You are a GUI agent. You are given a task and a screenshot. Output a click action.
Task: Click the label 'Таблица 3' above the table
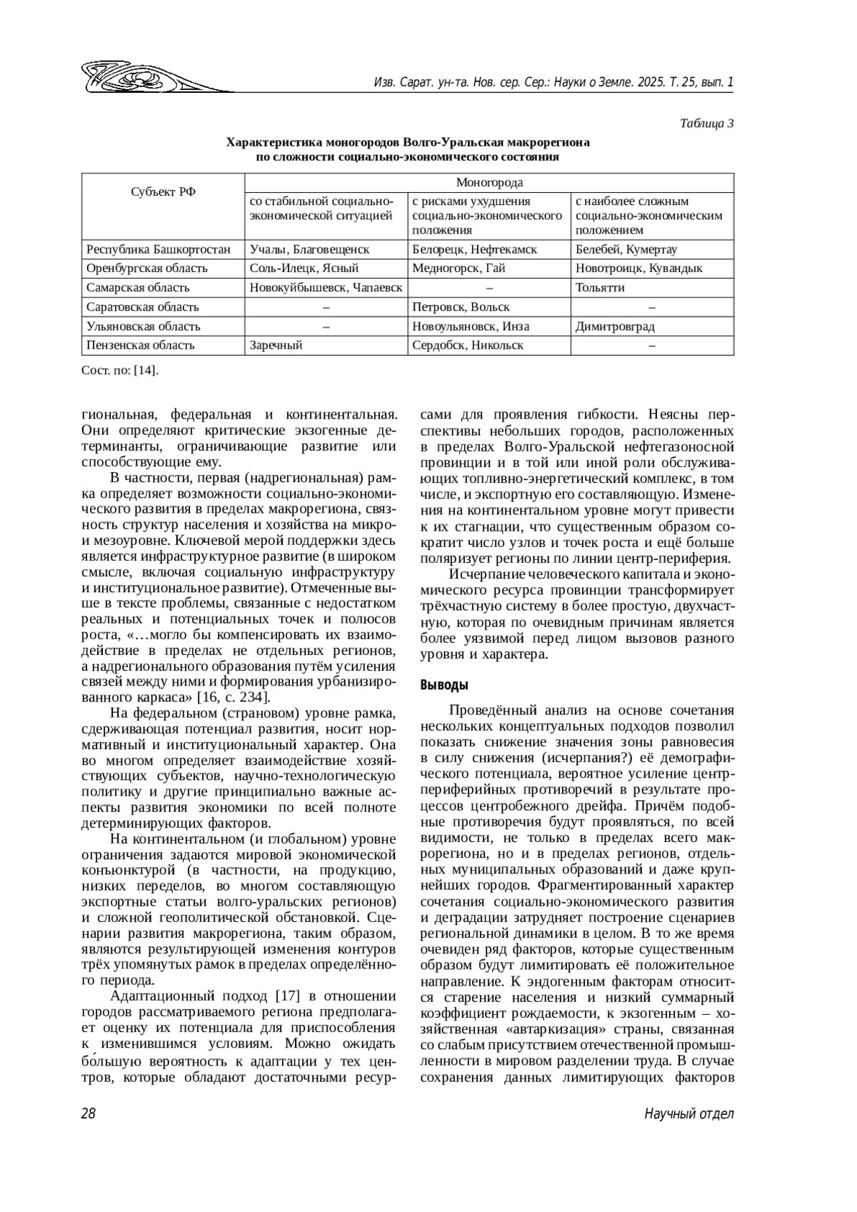pyautogui.click(x=707, y=123)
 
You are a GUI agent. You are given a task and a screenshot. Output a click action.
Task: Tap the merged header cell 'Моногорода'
pyautogui.click(x=489, y=183)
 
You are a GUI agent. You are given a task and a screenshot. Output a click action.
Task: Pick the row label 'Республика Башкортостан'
pyautogui.click(x=158, y=249)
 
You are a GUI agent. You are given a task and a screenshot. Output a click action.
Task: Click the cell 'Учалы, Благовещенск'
pyautogui.click(x=309, y=249)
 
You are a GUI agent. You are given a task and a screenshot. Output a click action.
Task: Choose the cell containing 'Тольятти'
pyautogui.click(x=600, y=287)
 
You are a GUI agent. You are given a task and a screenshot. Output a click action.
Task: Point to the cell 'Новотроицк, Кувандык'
pyautogui.click(x=638, y=268)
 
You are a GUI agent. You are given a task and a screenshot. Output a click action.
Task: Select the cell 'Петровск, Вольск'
pyautogui.click(x=461, y=306)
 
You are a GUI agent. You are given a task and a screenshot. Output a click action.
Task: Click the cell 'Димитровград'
pyautogui.click(x=615, y=326)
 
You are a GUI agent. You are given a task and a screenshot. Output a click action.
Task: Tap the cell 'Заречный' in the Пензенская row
pyautogui.click(x=276, y=345)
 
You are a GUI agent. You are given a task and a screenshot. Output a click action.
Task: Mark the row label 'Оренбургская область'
pyautogui.click(x=146, y=268)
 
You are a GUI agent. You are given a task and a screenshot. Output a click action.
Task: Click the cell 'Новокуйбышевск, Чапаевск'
pyautogui.click(x=326, y=287)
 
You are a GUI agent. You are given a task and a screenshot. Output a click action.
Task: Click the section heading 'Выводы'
pyautogui.click(x=443, y=686)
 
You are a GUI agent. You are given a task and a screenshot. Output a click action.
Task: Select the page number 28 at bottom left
pyautogui.click(x=89, y=1113)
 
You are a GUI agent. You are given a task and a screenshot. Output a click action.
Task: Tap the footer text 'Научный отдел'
pyautogui.click(x=688, y=1113)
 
